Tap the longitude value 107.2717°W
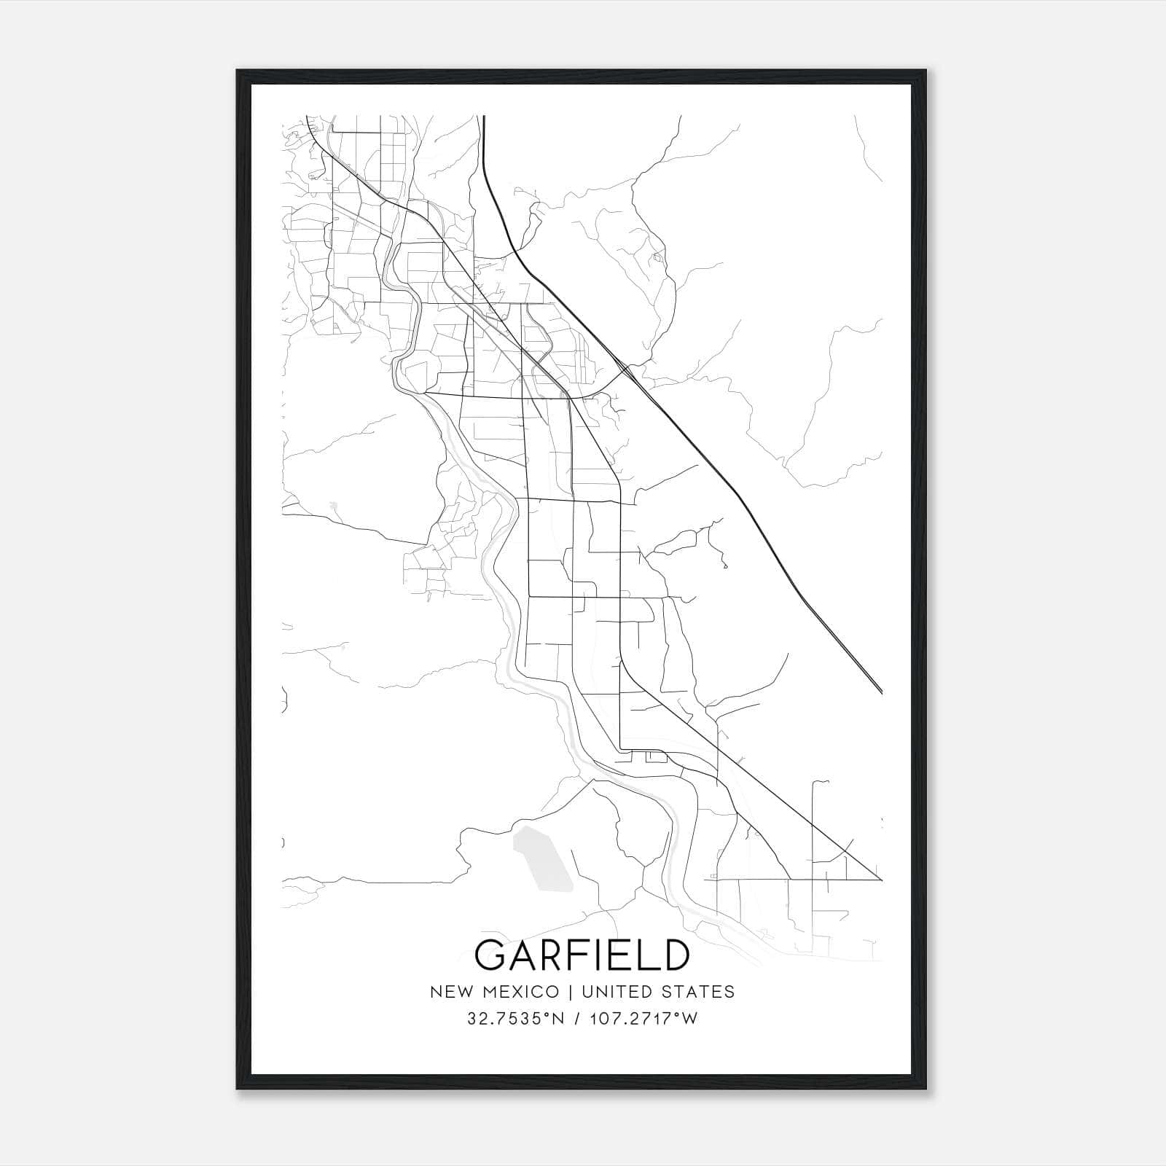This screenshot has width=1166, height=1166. [x=646, y=1019]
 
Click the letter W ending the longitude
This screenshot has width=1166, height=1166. [x=690, y=1019]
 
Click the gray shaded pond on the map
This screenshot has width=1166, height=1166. [x=543, y=858]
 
